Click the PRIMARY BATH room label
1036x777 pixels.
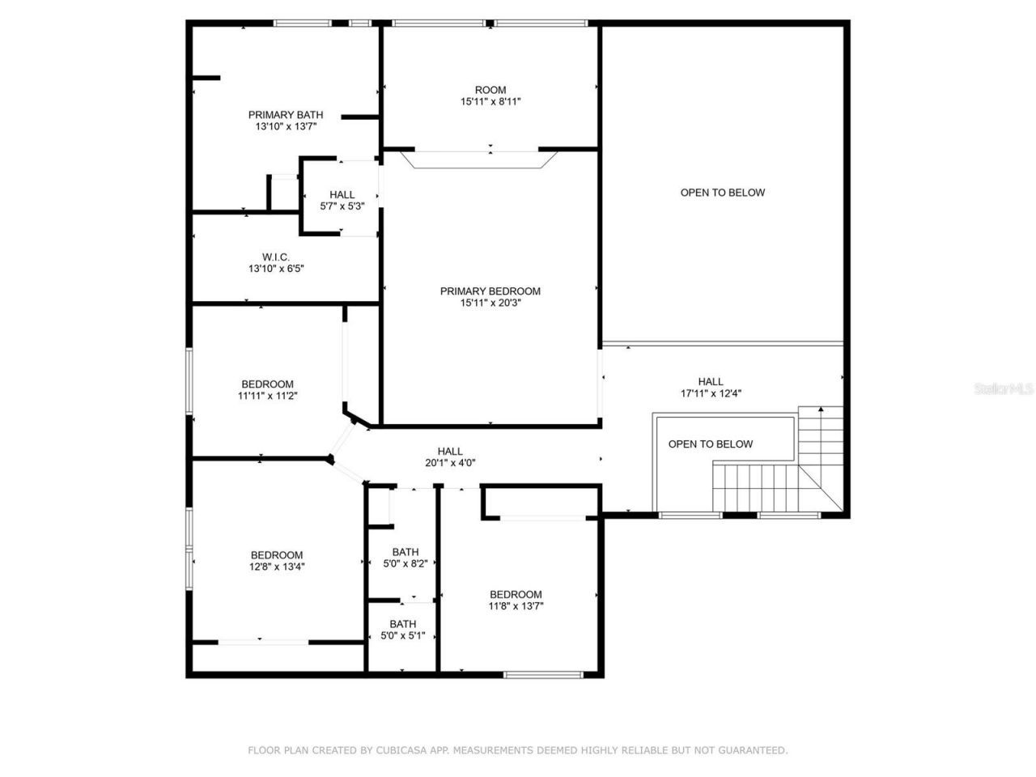point(285,115)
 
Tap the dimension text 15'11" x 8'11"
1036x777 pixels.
point(490,102)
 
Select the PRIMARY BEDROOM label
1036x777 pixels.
point(490,291)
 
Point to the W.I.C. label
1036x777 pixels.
point(275,257)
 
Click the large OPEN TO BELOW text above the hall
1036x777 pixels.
point(722,193)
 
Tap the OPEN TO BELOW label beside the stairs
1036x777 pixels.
point(710,444)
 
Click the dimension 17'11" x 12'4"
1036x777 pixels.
point(711,393)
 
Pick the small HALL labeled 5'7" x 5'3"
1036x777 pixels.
point(342,195)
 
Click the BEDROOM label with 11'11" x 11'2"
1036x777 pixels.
point(267,384)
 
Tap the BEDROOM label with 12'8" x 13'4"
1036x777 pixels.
point(276,555)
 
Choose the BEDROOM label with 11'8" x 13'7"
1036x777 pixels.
point(516,594)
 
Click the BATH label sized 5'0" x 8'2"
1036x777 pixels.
point(405,552)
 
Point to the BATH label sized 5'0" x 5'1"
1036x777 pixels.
point(402,624)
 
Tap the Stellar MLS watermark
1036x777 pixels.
point(1003,389)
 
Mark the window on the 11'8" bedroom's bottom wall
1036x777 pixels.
point(542,674)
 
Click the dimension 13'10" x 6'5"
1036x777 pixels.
point(275,269)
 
